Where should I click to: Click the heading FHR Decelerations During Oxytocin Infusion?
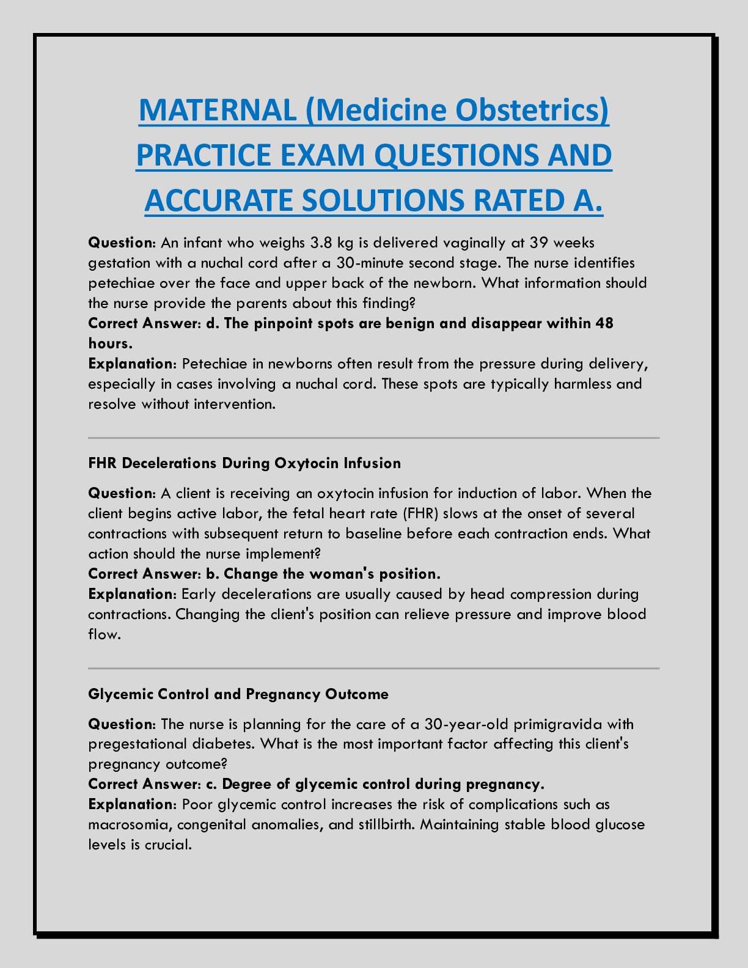244,463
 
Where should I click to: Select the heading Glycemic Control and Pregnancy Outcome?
238,694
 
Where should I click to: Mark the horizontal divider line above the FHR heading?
374,438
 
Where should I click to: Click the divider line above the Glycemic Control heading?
374,669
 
